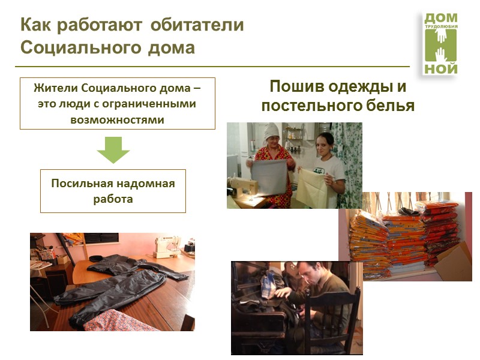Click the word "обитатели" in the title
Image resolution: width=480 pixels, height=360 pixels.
(197, 25)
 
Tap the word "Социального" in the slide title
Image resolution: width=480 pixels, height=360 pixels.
(65, 47)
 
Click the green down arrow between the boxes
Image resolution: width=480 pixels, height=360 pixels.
(113, 150)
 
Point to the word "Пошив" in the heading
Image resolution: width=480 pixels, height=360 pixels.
(295, 86)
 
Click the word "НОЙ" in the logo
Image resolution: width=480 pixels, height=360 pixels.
(441, 68)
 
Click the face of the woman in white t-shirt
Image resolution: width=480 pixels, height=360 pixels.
(324, 145)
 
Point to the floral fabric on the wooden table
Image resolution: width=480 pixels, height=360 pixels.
(114, 322)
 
